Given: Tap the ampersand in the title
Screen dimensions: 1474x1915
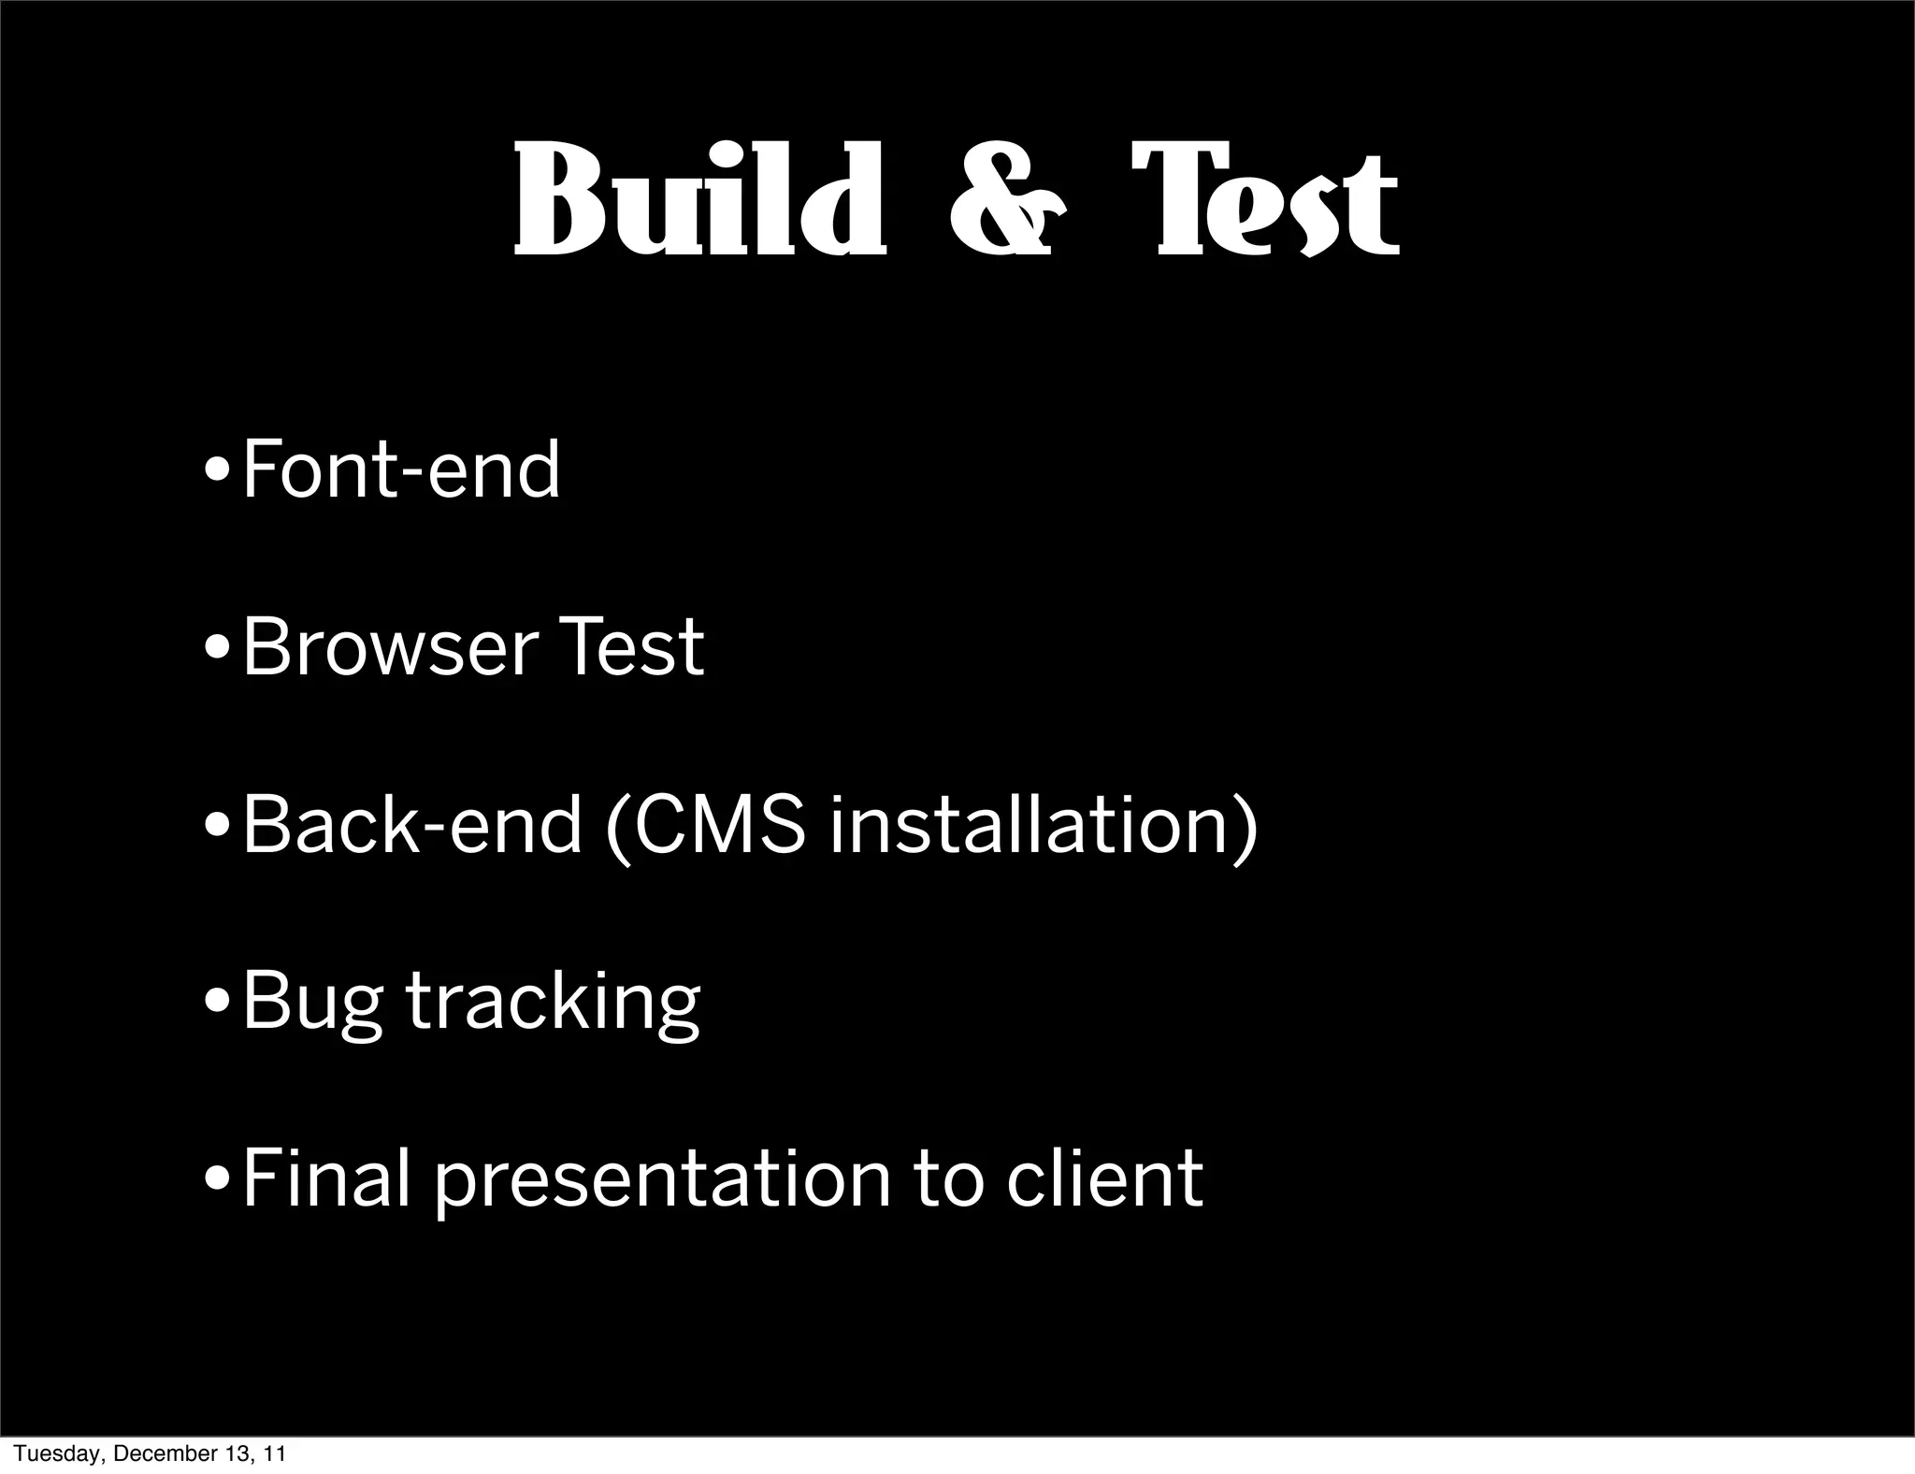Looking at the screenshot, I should click(1006, 201).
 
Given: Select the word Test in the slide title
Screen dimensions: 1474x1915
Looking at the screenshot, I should click(1264, 201).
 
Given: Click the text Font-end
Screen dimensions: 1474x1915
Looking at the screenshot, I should click(401, 470).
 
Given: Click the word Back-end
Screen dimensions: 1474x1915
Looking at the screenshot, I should click(411, 825).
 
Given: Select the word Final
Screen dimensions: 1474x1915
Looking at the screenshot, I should click(326, 1179).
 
